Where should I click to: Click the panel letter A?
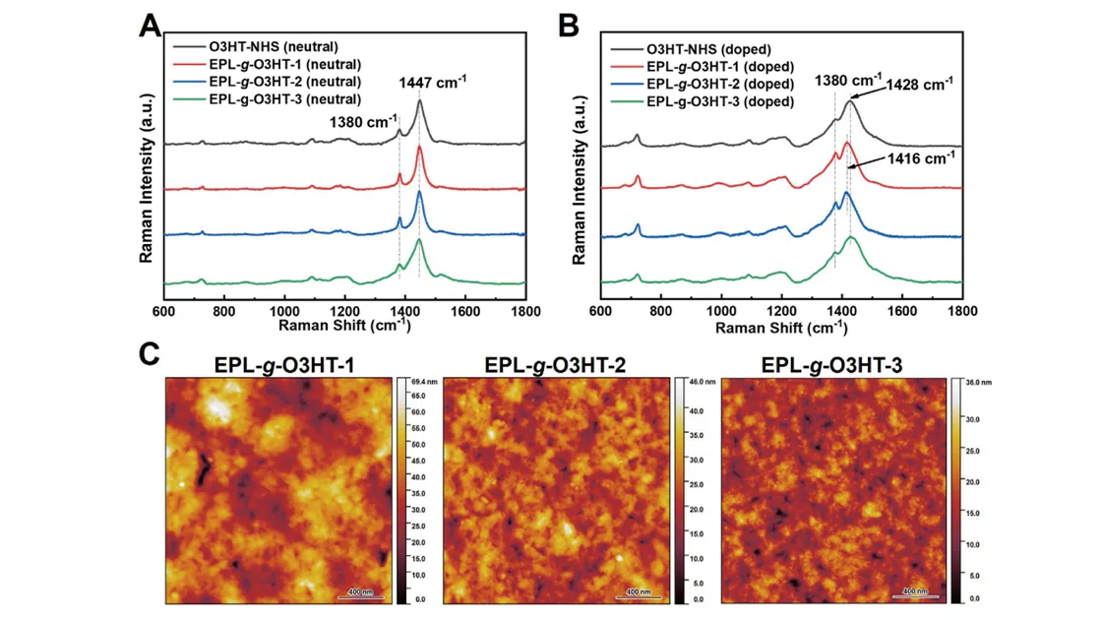coord(150,26)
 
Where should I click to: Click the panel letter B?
coord(569,26)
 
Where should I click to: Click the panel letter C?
coord(150,354)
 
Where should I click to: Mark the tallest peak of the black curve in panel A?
coord(420,101)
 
